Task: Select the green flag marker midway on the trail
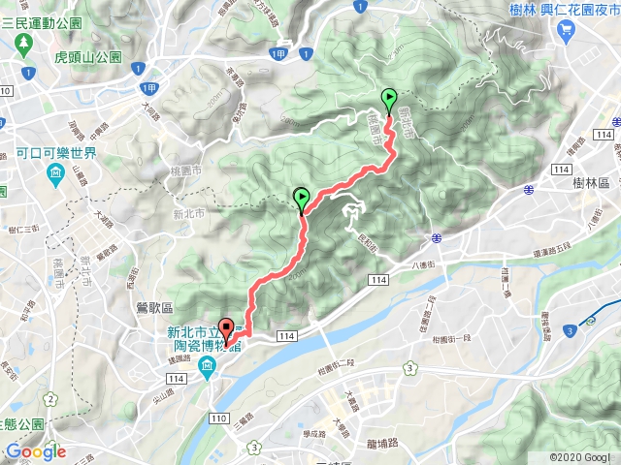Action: pos(302,200)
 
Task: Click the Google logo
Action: pos(35,451)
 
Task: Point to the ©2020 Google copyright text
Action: pos(580,456)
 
